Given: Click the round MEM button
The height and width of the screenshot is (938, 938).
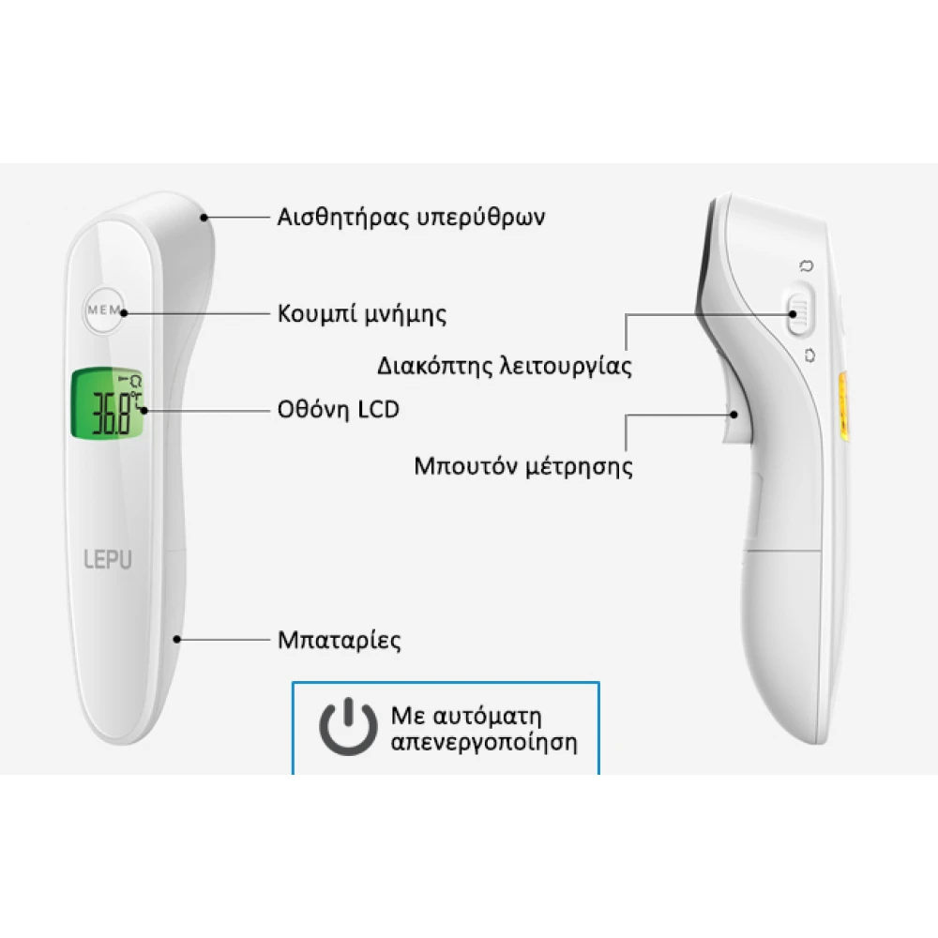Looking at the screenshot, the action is click(105, 310).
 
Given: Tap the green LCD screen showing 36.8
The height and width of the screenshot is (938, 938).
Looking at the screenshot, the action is click(108, 403).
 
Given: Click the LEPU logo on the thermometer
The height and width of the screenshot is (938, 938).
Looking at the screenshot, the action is click(108, 559).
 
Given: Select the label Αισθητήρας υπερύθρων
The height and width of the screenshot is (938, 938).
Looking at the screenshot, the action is click(411, 217).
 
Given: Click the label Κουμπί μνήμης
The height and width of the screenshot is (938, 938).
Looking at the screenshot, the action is click(362, 313).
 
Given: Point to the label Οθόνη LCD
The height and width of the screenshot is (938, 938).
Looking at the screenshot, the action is click(338, 410).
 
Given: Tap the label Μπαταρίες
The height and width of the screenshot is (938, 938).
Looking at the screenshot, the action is click(340, 640).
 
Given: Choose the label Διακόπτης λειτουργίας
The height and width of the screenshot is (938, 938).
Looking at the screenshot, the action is click(505, 366).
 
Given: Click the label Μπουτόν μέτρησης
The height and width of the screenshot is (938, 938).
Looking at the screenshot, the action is click(523, 466).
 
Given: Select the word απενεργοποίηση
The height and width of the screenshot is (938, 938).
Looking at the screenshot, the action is click(484, 742).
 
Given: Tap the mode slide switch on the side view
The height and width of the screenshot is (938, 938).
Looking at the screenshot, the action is click(800, 310).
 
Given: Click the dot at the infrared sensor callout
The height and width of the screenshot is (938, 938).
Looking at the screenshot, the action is click(204, 218).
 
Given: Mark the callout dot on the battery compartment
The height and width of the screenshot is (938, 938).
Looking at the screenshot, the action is click(177, 640).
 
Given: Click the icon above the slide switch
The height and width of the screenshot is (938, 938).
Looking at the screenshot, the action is click(807, 265).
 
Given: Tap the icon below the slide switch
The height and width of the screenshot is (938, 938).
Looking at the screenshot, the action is click(809, 356).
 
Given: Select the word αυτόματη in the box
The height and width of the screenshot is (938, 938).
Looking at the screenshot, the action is click(487, 716).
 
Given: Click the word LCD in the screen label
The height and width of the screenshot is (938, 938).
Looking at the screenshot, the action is click(378, 410).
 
